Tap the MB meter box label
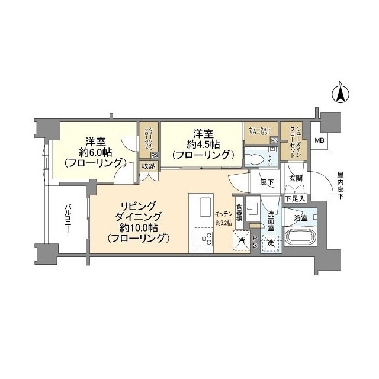(319, 140)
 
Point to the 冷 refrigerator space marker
(240, 241)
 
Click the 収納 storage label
(148, 166)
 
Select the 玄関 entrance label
(296, 178)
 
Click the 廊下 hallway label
(267, 182)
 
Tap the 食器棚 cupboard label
(239, 213)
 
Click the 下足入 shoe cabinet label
(295, 198)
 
